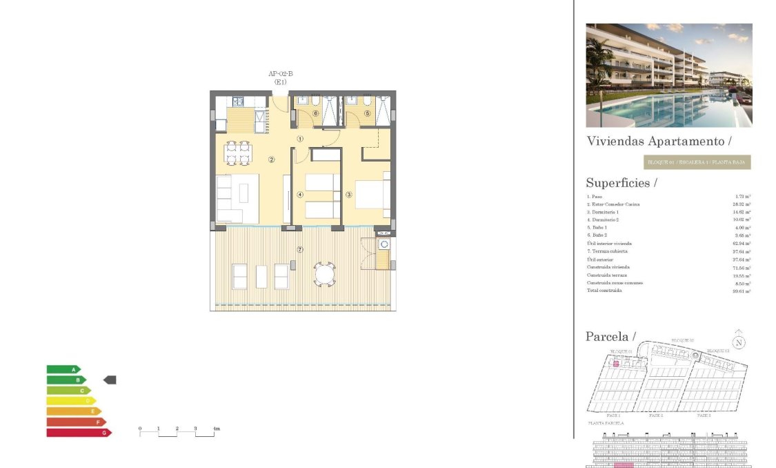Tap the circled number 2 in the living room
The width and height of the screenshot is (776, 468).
[272, 160]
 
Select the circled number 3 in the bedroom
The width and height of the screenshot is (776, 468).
[349, 195]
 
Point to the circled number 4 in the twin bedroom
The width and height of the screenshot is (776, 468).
[300, 195]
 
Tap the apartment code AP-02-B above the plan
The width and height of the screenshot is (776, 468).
[281, 74]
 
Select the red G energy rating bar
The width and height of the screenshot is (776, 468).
[78, 433]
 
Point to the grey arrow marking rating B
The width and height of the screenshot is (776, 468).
[110, 380]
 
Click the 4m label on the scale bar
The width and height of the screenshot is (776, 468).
[216, 429]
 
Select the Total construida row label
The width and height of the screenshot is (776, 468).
[604, 291]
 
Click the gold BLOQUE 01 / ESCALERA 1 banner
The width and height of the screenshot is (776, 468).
[696, 163]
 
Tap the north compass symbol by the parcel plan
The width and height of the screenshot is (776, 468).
[739, 341]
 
